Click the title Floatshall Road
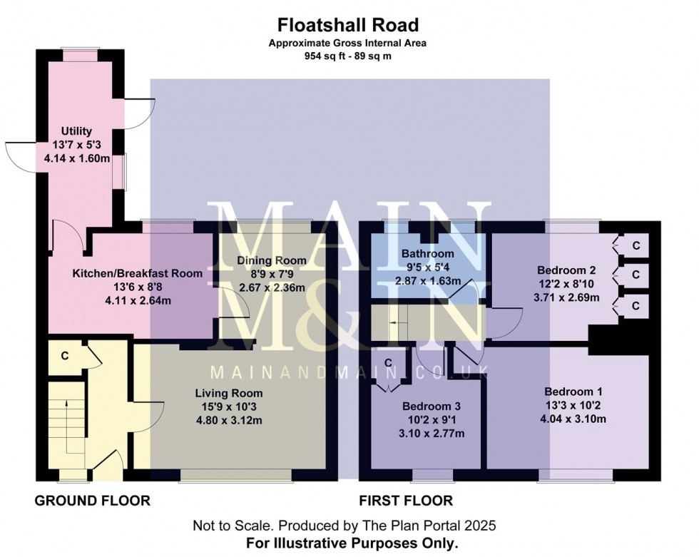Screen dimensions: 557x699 coord(348,26)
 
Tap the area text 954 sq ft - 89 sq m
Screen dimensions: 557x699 coord(348,56)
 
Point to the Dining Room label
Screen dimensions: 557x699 coord(271,260)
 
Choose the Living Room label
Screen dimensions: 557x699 coord(229,393)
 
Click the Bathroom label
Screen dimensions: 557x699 coord(427,254)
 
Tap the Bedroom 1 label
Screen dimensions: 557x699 coord(573,392)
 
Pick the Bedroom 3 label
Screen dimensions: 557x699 coord(426,407)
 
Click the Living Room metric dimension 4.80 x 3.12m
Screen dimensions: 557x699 coord(229,420)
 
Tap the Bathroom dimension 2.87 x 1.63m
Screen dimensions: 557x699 coord(427,281)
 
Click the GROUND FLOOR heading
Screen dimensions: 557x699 coord(93,501)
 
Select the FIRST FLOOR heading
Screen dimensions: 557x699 coord(407,501)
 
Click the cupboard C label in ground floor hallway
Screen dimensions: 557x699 coord(64,354)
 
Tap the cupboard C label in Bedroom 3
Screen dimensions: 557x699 coord(389,363)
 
